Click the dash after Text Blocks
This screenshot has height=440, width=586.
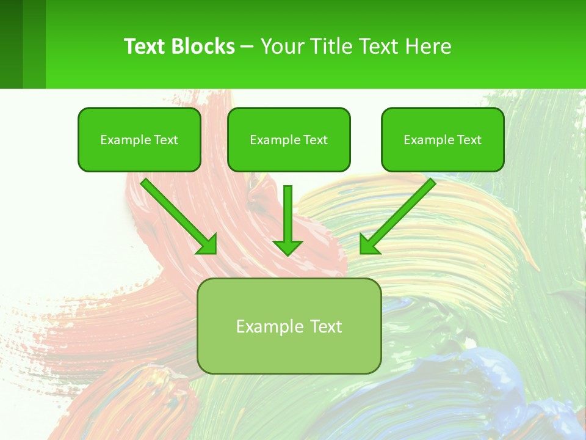tap(247, 47)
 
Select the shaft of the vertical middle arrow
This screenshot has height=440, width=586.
tap(288, 211)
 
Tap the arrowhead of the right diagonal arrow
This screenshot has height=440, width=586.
tap(369, 245)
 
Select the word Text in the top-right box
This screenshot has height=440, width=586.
tap(469, 140)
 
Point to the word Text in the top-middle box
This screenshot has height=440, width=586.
tap(315, 140)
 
